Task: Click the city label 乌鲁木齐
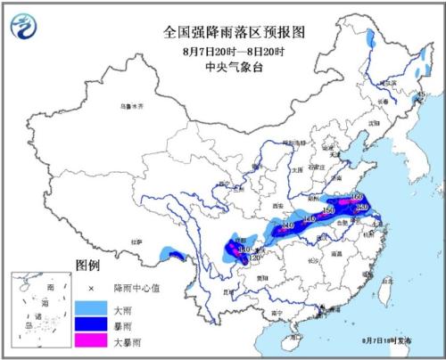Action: [x=131, y=105]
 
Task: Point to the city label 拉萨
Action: [x=138, y=241]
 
